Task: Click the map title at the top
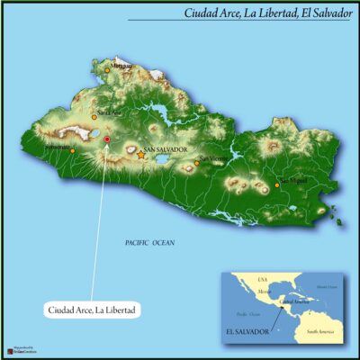click(267, 13)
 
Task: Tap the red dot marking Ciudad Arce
click(107, 139)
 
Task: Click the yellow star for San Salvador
click(141, 155)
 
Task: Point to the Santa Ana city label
click(109, 112)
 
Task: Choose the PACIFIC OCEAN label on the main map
click(150, 243)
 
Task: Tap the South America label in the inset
click(319, 332)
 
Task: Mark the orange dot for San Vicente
click(198, 163)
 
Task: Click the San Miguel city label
click(293, 180)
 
